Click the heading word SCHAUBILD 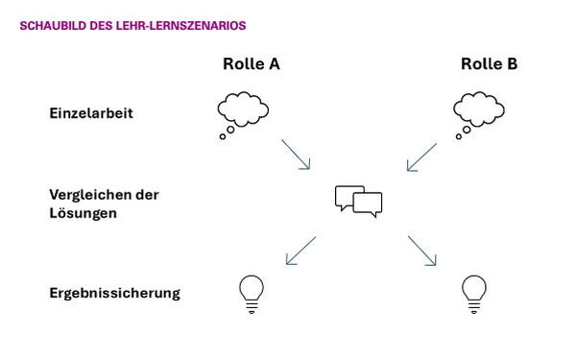pyautogui.click(x=50, y=27)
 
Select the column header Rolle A pyautogui.click(x=251, y=64)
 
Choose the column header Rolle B pyautogui.click(x=489, y=64)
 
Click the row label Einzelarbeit pyautogui.click(x=90, y=113)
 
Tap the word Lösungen pyautogui.click(x=83, y=212)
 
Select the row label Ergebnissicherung pyautogui.click(x=114, y=292)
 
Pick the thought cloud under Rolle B pyautogui.click(x=477, y=108)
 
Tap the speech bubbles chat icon pyautogui.click(x=358, y=199)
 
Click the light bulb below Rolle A pyautogui.click(x=251, y=293)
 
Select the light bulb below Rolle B pyautogui.click(x=473, y=293)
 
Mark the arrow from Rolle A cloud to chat pyautogui.click(x=296, y=154)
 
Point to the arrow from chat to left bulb pyautogui.click(x=300, y=251)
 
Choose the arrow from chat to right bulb pyautogui.click(x=422, y=250)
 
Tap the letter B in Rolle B pyautogui.click(x=512, y=64)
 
